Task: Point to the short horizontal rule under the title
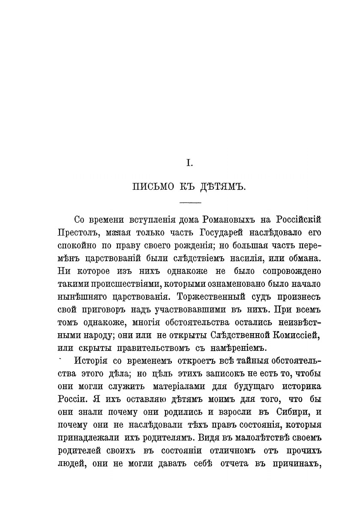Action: coord(190,202)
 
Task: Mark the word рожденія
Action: coord(183,246)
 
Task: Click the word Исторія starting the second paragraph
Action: coord(91,361)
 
